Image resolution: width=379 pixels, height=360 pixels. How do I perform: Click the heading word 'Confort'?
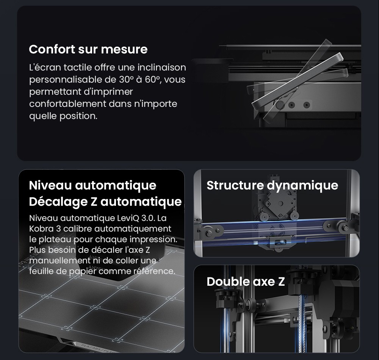point(52,49)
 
